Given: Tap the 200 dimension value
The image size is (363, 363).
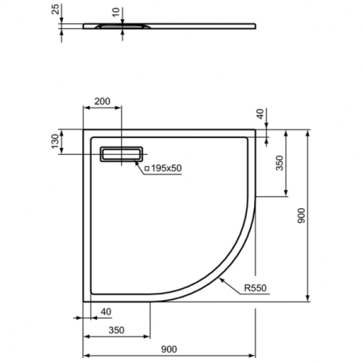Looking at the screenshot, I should coord(102,102).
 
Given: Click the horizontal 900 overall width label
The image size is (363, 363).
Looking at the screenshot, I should coord(169,348).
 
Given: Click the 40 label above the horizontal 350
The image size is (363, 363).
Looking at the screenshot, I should coord(106,311).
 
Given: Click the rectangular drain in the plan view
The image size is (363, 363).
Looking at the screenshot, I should coord(122,153).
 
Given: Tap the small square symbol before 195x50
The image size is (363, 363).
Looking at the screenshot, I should coord(148,168).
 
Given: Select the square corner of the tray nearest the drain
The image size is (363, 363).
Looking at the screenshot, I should coord(85,128).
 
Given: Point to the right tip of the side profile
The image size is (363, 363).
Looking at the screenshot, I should coord(257,26).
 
